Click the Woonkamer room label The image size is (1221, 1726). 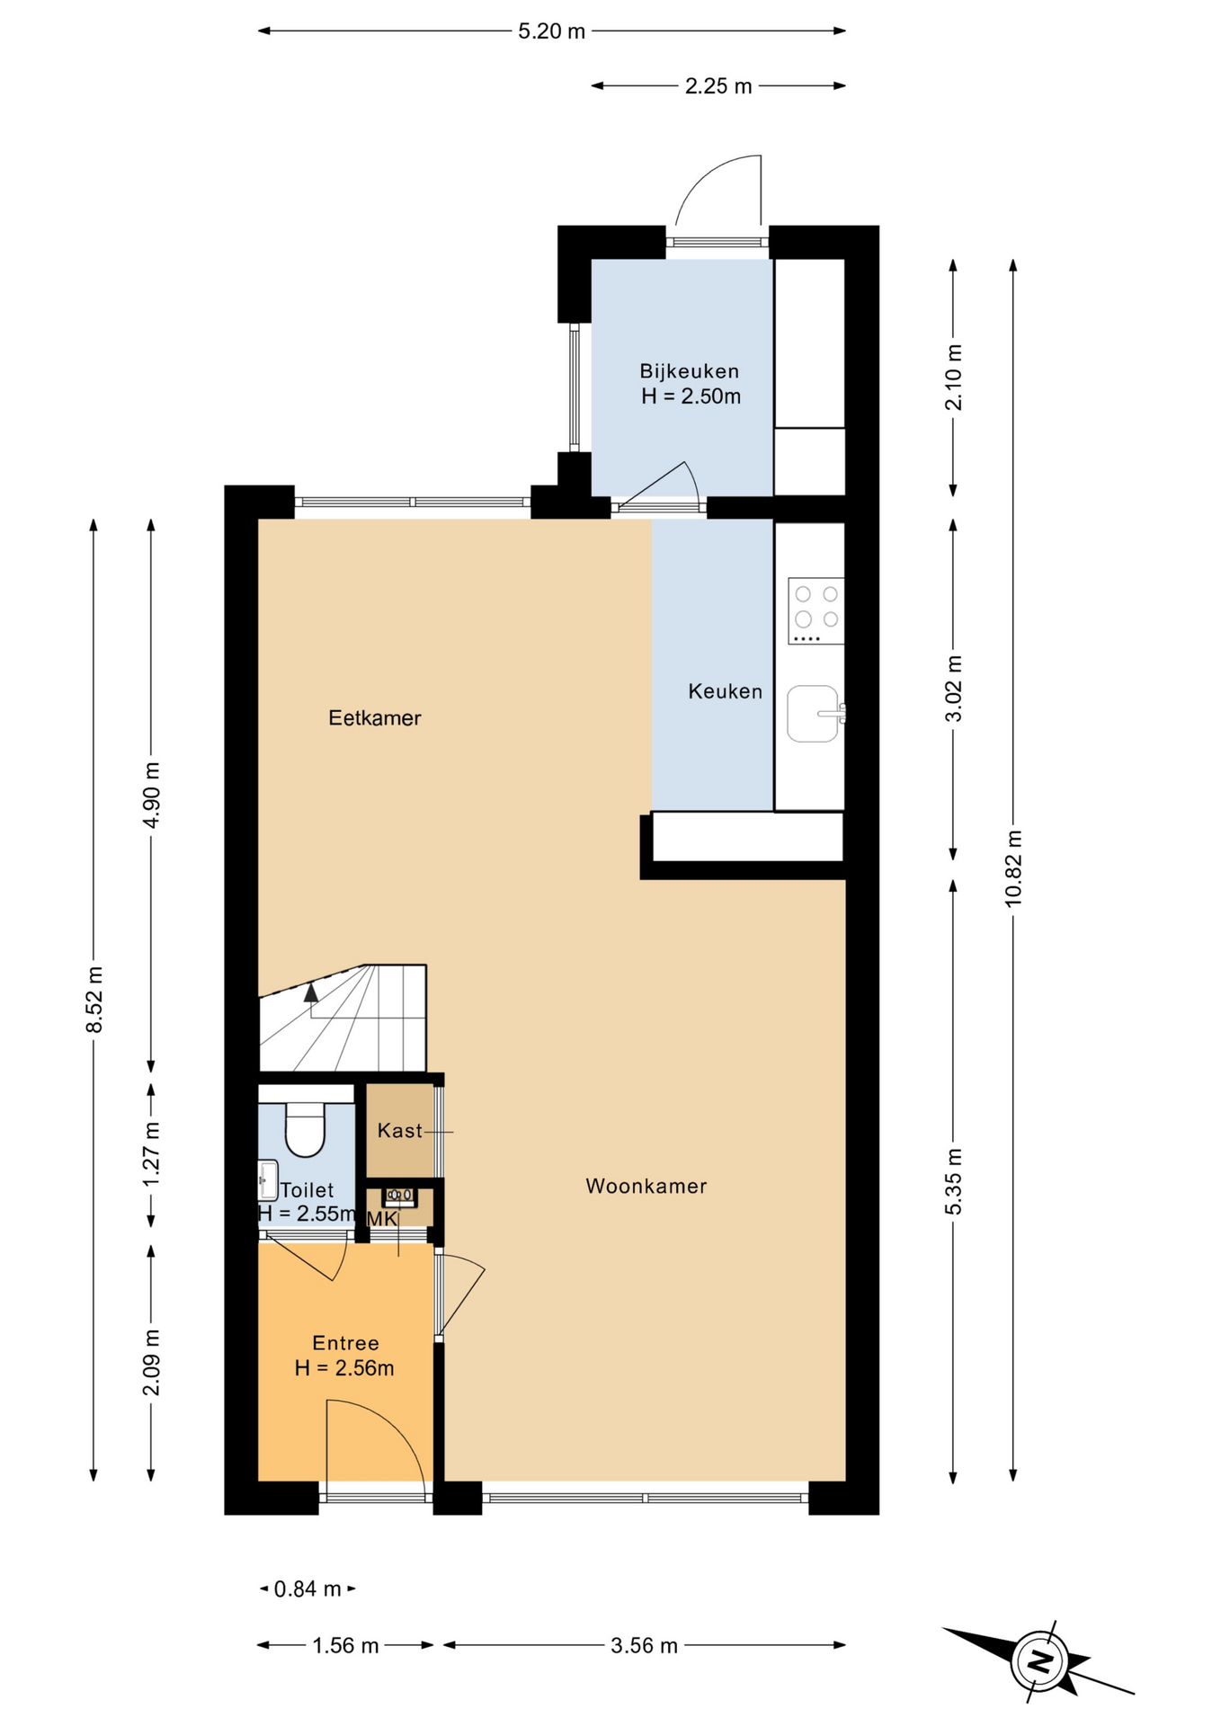[x=646, y=1187]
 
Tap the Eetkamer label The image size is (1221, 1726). [x=375, y=718]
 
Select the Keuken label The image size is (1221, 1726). [x=725, y=691]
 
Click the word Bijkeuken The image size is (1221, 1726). [x=690, y=371]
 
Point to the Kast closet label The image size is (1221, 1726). [x=399, y=1131]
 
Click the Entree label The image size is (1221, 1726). [x=345, y=1343]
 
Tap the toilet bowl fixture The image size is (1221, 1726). [x=305, y=1129]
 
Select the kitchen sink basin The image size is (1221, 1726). [x=814, y=714]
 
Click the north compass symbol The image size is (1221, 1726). [x=1038, y=1660]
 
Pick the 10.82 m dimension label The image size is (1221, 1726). [x=1013, y=868]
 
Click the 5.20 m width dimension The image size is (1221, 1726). [x=551, y=31]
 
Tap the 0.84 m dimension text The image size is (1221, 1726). [x=307, y=1589]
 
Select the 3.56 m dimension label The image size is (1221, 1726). [x=644, y=1646]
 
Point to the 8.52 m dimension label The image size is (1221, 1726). [x=94, y=1000]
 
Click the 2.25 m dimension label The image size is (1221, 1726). [x=718, y=86]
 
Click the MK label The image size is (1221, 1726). [x=382, y=1219]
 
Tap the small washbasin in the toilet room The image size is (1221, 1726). [x=268, y=1180]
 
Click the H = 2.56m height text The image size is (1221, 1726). [x=344, y=1368]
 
